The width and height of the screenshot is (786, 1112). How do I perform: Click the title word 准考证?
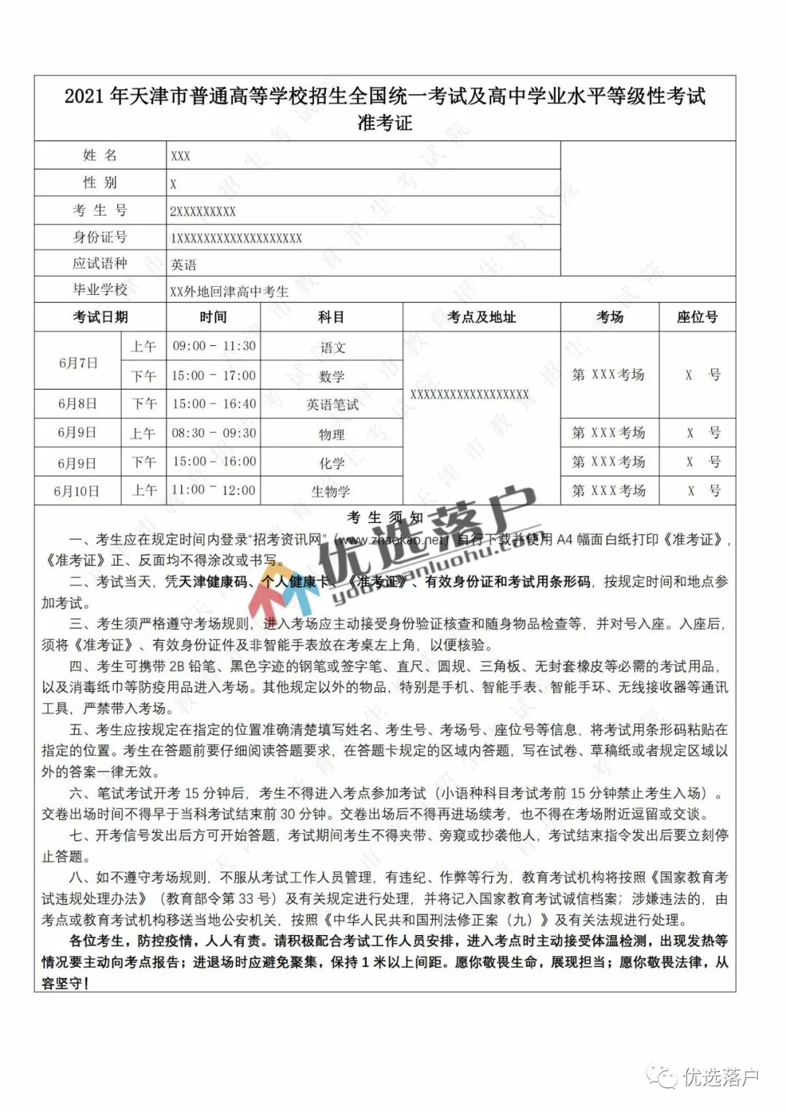click(x=384, y=122)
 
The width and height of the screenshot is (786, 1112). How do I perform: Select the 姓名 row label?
click(x=100, y=155)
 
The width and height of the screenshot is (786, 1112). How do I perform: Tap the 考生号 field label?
click(x=100, y=210)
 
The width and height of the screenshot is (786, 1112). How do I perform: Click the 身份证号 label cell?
click(x=100, y=237)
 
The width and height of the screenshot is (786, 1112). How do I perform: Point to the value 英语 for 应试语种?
click(x=183, y=264)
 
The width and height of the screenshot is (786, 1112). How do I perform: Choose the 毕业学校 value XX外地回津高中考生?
click(x=229, y=291)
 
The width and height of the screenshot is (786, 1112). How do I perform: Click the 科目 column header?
click(x=331, y=317)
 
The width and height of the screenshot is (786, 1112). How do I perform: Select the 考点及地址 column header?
click(x=481, y=317)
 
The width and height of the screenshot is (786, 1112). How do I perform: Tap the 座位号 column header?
click(x=696, y=317)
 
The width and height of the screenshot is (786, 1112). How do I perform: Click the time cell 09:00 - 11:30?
click(x=214, y=346)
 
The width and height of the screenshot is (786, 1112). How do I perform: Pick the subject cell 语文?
click(x=332, y=347)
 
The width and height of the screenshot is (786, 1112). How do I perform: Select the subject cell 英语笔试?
click(x=332, y=405)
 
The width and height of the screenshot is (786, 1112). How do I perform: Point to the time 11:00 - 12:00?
click(x=214, y=490)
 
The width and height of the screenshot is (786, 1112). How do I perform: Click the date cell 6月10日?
click(x=76, y=491)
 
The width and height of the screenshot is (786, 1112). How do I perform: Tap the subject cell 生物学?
click(x=331, y=492)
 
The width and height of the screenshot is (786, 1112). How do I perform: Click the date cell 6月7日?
click(x=78, y=362)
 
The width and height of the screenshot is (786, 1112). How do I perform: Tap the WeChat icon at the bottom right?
click(x=664, y=1076)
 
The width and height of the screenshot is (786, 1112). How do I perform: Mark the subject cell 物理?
click(x=331, y=434)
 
